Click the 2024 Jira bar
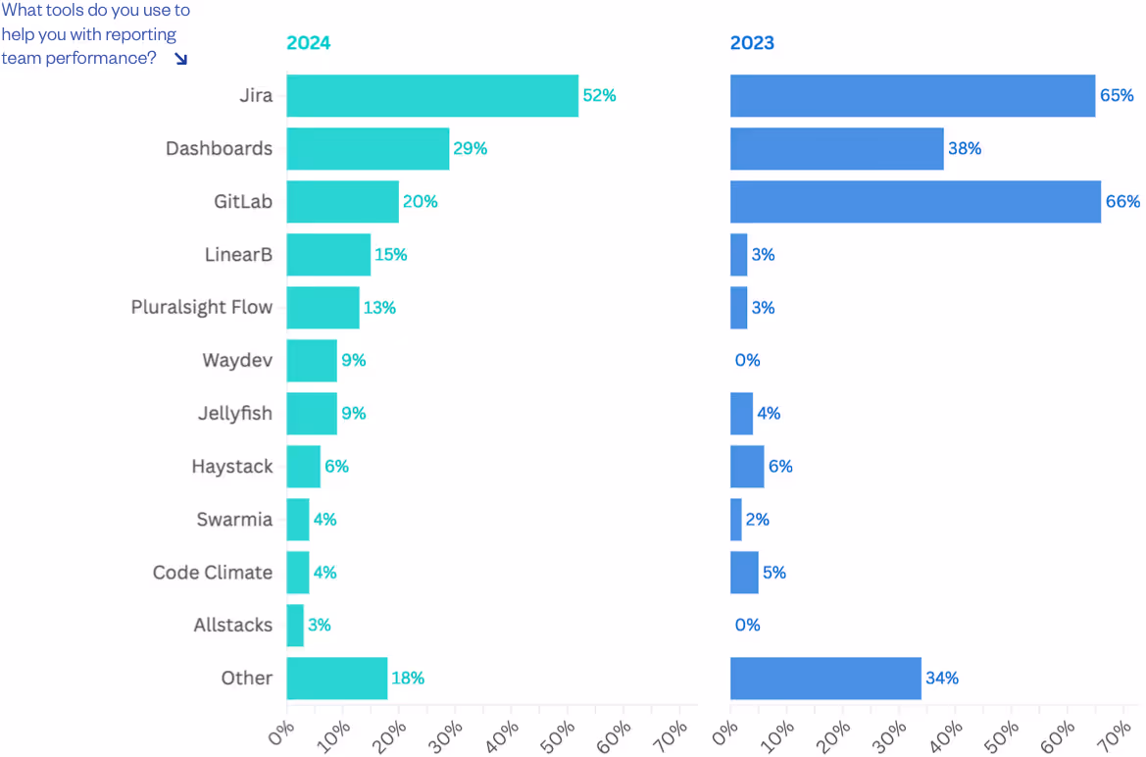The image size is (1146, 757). tap(432, 96)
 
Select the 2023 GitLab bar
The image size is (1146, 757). tap(915, 202)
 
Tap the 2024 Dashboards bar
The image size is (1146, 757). tap(368, 149)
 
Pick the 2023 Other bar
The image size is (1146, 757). tap(825, 679)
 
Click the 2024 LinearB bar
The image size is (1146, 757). tap(328, 255)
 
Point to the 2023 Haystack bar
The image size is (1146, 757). tap(747, 467)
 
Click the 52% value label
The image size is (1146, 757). tap(599, 96)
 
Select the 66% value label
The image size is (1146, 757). tap(1123, 202)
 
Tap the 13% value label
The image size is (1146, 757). tap(379, 308)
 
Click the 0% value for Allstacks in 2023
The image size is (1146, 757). tap(747, 626)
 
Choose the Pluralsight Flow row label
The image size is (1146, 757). tap(202, 308)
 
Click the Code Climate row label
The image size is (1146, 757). tap(213, 573)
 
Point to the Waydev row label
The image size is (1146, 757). tap(237, 361)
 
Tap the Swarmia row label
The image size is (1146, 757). tap(234, 520)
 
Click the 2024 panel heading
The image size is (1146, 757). tap(308, 43)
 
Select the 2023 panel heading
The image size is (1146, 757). tap(752, 43)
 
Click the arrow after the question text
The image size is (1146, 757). tap(180, 59)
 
